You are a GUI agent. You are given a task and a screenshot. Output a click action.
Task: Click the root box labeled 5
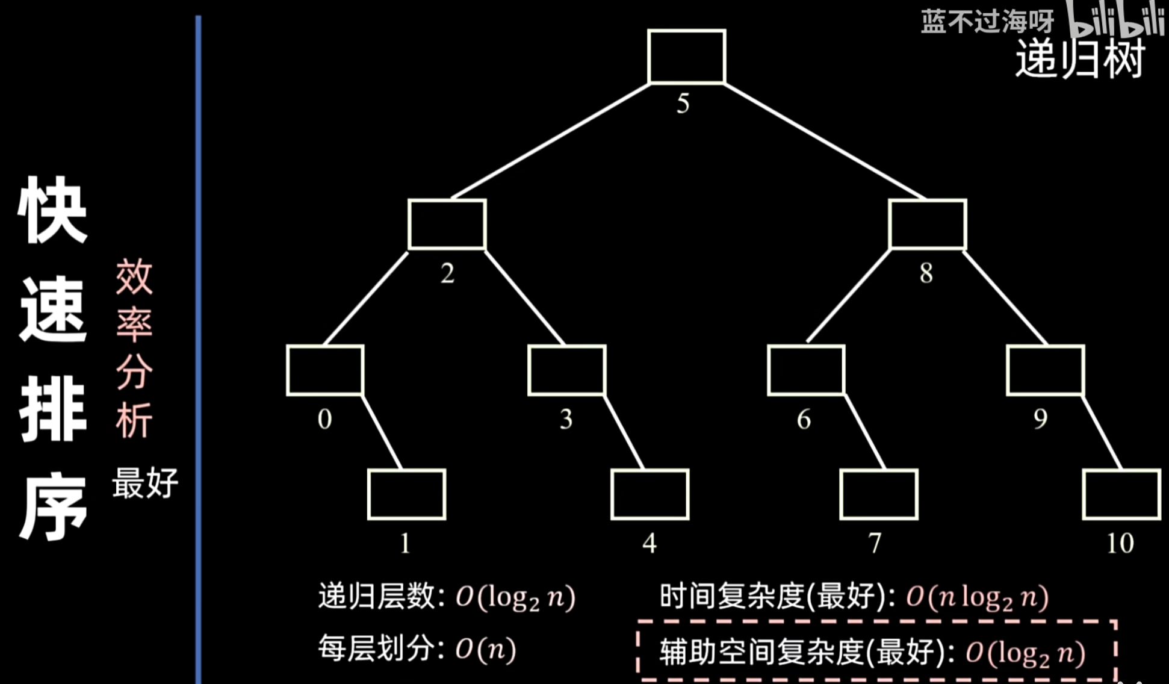coord(686,57)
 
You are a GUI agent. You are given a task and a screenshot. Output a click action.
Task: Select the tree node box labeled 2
coord(447,225)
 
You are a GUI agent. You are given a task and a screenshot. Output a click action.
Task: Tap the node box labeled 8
coord(927,225)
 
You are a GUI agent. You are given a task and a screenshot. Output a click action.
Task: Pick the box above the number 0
coord(325,370)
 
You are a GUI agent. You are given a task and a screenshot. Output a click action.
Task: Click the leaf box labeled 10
coord(1121,494)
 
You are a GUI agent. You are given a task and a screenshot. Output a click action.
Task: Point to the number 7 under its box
coord(875,543)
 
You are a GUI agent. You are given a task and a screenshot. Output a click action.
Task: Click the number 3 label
coord(566,419)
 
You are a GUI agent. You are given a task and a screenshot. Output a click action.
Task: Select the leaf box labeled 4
coord(650,494)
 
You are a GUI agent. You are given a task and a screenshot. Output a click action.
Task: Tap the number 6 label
coord(804,419)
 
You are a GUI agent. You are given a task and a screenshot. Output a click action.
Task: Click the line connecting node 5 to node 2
coord(551,141)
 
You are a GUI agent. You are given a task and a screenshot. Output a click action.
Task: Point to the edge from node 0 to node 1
coord(382,432)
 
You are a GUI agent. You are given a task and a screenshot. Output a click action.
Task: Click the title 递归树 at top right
coord(1080,59)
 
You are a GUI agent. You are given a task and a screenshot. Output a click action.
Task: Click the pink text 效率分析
coord(134,348)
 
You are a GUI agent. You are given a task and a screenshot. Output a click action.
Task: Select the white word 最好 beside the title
coord(145,483)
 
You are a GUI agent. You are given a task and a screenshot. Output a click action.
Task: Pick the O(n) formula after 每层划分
coord(485,649)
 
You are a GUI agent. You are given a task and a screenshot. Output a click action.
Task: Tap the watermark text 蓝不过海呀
coord(987,22)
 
